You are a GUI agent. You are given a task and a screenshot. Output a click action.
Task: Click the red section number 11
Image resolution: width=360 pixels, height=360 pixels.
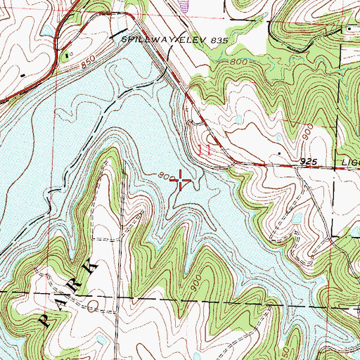click(x=205, y=150)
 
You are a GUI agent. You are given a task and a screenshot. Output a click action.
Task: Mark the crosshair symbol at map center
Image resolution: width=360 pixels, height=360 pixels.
click(x=180, y=181)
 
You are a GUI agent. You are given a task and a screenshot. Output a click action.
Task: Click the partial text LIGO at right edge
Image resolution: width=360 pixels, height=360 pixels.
click(x=349, y=162)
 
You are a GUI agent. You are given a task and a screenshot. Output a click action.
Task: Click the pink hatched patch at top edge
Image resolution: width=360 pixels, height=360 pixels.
click(x=184, y=4)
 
